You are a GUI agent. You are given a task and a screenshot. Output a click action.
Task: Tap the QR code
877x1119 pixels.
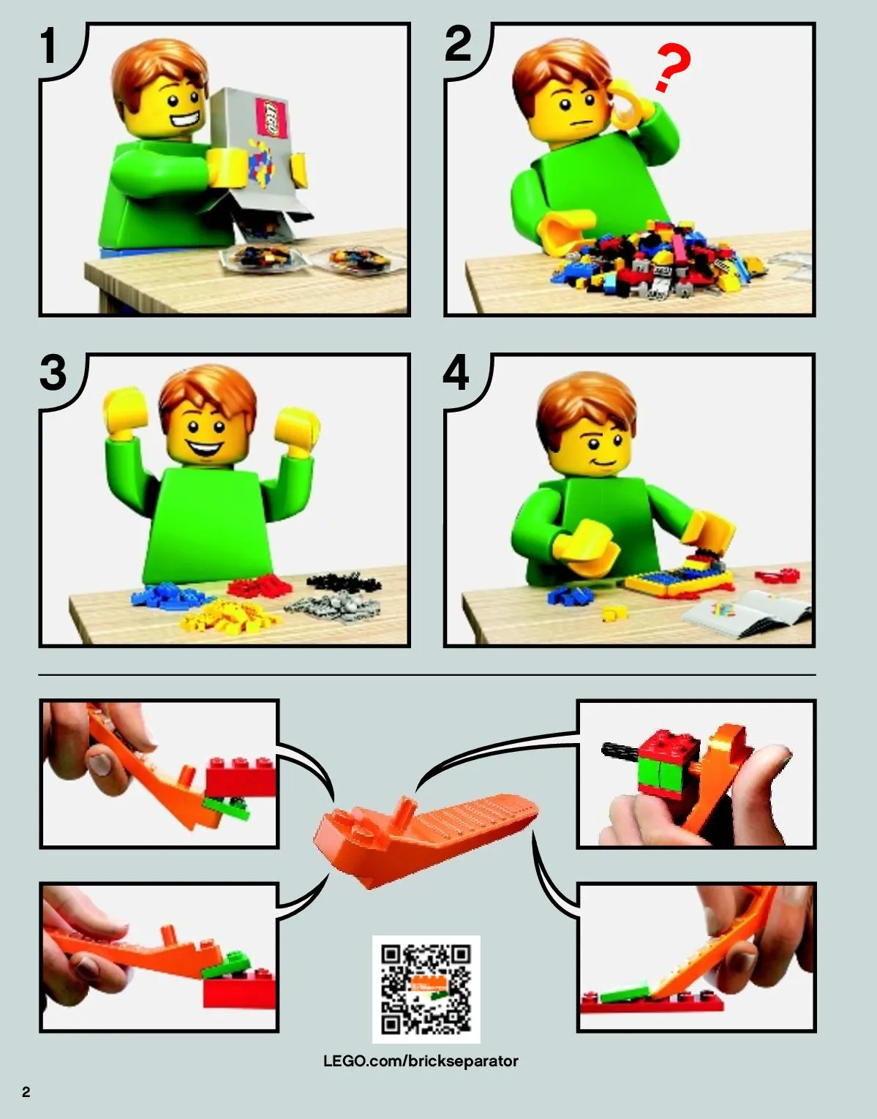click(x=426, y=990)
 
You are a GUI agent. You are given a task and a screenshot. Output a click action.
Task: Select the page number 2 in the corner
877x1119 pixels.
click(x=26, y=1091)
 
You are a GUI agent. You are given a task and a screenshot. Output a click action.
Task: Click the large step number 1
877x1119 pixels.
click(x=48, y=45)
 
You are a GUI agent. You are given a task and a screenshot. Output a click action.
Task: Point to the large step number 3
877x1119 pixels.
click(x=53, y=372)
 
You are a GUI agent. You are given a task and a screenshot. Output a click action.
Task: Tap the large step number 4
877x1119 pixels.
click(x=456, y=372)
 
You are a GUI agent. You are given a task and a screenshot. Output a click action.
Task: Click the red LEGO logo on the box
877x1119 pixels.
click(x=272, y=117)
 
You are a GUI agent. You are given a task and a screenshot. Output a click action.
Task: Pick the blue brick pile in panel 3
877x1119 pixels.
click(x=168, y=595)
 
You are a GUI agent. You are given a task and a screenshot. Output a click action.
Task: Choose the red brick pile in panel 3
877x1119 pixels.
click(x=260, y=586)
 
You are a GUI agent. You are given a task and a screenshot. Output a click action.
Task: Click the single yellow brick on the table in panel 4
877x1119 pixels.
click(x=615, y=613)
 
